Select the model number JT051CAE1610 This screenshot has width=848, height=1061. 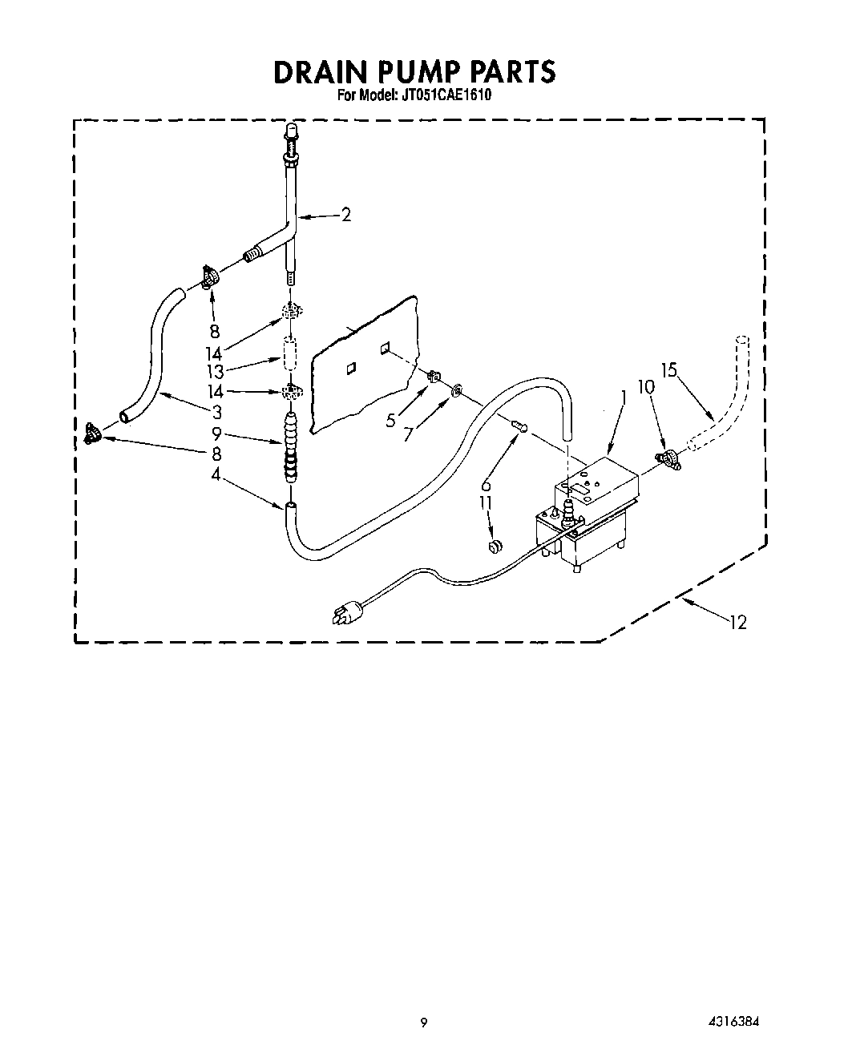(447, 95)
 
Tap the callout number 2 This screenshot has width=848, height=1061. (345, 215)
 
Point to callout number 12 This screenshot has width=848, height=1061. (737, 621)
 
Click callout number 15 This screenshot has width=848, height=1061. (669, 370)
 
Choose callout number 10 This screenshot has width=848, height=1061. (646, 386)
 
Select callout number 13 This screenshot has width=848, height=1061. (214, 371)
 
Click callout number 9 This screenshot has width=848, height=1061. (215, 435)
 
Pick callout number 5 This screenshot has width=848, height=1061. (391, 420)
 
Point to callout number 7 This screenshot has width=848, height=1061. (410, 434)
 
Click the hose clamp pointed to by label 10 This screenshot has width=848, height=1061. (667, 458)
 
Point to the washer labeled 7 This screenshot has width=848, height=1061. (456, 390)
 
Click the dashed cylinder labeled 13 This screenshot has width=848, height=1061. (290, 353)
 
